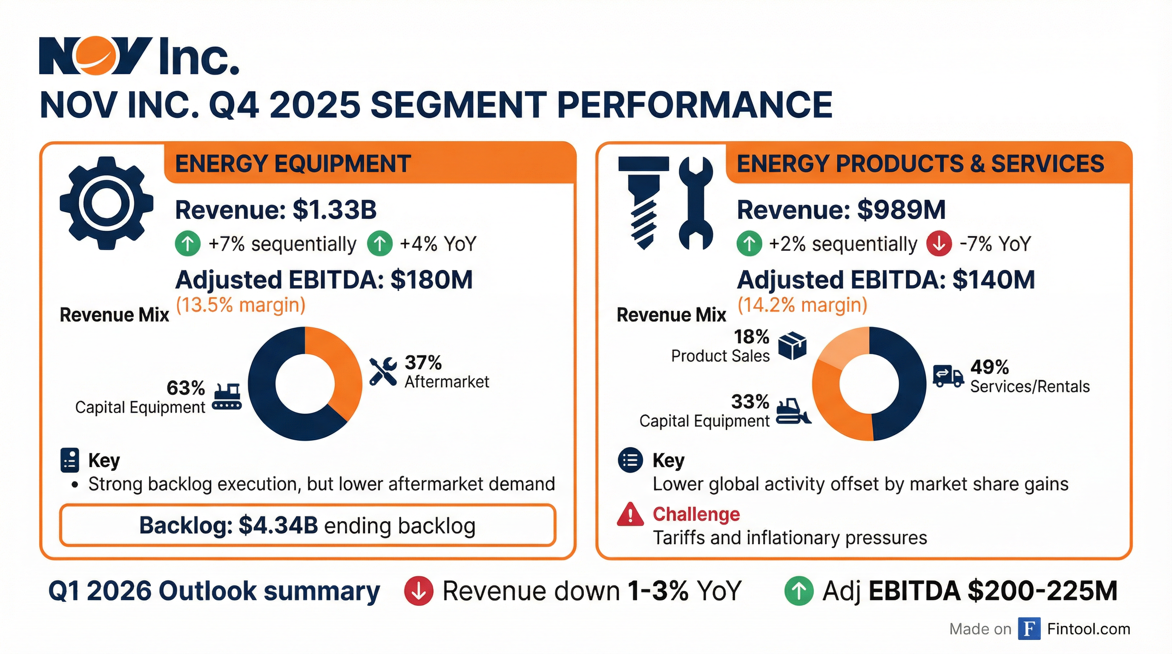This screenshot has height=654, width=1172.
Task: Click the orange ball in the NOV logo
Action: tap(95, 55)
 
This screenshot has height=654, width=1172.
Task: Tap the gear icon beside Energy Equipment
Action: tap(106, 203)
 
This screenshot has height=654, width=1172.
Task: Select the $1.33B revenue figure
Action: tap(334, 210)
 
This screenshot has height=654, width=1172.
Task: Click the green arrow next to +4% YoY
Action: tap(380, 244)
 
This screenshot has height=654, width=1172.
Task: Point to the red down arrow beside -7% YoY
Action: tap(939, 244)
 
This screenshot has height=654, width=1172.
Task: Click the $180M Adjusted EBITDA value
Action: tap(431, 280)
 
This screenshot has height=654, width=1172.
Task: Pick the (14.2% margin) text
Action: tap(802, 305)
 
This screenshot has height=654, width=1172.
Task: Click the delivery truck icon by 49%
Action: tap(948, 376)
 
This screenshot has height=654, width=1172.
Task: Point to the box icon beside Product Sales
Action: tap(792, 346)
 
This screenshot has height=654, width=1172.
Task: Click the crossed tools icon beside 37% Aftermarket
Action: tap(382, 372)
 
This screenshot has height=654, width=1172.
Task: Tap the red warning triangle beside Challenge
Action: tap(630, 515)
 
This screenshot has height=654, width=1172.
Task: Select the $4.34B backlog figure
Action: tap(278, 526)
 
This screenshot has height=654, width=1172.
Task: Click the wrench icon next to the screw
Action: tap(695, 203)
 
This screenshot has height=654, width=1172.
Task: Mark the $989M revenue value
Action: tap(901, 210)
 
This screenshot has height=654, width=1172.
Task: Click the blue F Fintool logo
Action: tap(1029, 629)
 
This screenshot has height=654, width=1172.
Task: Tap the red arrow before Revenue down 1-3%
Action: tap(418, 591)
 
